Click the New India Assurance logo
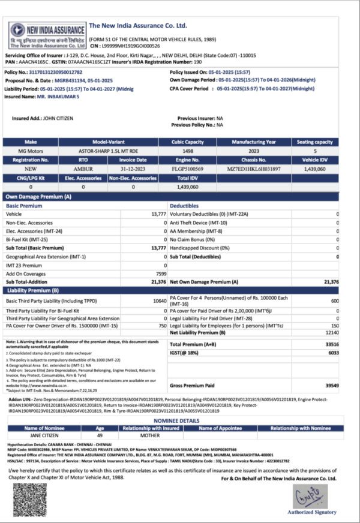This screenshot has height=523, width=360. click(x=46, y=35)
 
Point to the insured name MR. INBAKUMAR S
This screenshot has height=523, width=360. click(x=59, y=95)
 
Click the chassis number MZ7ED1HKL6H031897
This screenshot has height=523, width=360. click(x=254, y=169)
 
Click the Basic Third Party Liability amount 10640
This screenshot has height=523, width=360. click(x=160, y=300)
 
